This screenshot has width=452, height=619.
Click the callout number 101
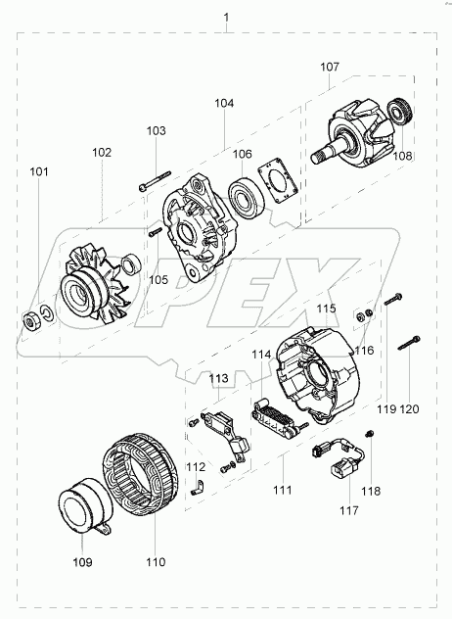[x=39, y=171]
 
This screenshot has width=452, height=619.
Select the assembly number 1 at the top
[x=226, y=18]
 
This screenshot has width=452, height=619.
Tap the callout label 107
[x=330, y=67]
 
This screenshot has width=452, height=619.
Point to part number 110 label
[x=156, y=562]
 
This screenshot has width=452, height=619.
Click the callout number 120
[x=409, y=409]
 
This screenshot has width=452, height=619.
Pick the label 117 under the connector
[x=349, y=511]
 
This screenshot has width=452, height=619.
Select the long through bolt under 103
[x=155, y=181]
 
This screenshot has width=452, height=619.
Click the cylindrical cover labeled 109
[x=85, y=507]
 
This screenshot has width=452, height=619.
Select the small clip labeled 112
[x=197, y=487]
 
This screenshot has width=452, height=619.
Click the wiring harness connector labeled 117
[x=340, y=460]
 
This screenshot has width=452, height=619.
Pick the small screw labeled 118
[x=370, y=434]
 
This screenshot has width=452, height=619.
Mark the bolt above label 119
[x=393, y=299]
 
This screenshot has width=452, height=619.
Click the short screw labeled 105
[x=156, y=232]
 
